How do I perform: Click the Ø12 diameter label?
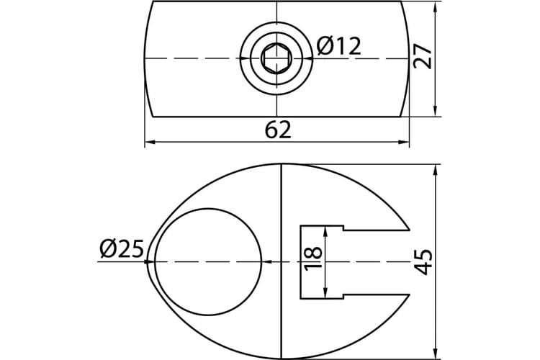click(x=339, y=46)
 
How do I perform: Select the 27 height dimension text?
click(x=423, y=57)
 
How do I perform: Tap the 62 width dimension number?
click(x=278, y=130)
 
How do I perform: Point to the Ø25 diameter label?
click(x=122, y=249)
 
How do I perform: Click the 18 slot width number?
click(x=313, y=258)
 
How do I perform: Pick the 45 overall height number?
click(x=423, y=262)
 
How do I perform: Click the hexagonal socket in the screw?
click(x=276, y=58)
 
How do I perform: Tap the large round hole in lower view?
click(x=207, y=262)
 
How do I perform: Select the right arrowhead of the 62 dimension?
click(x=404, y=142)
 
